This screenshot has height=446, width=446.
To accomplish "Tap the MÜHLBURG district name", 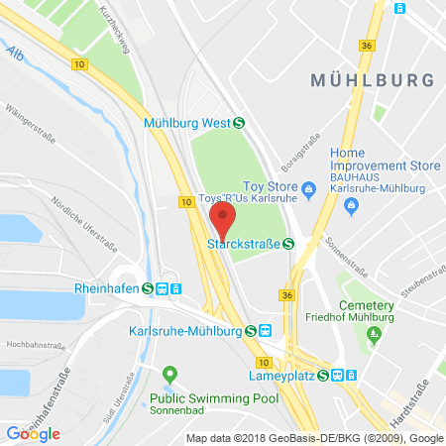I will tap(372, 79).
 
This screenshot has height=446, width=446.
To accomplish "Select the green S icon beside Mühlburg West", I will tap(240, 123).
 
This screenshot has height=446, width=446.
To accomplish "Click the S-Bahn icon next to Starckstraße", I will tap(288, 244).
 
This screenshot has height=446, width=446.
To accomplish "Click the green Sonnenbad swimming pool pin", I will tap(169, 374).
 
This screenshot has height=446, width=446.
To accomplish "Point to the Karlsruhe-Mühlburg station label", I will tap(186, 330).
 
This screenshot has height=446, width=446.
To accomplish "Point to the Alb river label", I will tap(14, 52).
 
